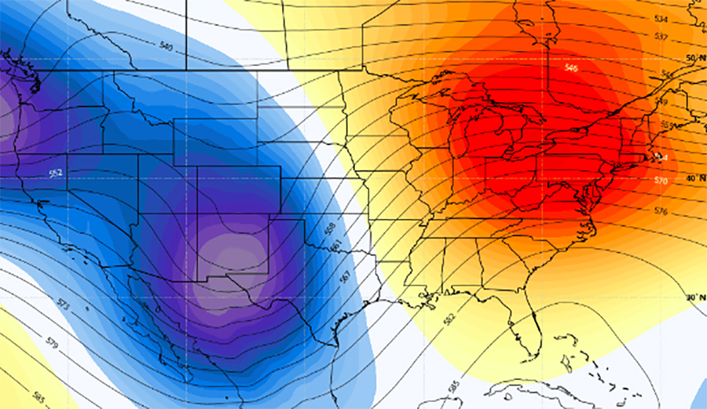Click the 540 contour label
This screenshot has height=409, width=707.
[x=166, y=47]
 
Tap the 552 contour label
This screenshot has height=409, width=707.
[x=56, y=172]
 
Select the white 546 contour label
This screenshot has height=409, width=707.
[x=571, y=68]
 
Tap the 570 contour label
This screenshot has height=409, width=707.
[x=661, y=181]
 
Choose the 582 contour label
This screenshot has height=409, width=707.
[x=449, y=319]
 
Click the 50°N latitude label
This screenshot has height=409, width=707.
[x=693, y=59]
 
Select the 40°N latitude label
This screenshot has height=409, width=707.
[x=693, y=178]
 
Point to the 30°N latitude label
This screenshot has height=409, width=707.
[x=693, y=298]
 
